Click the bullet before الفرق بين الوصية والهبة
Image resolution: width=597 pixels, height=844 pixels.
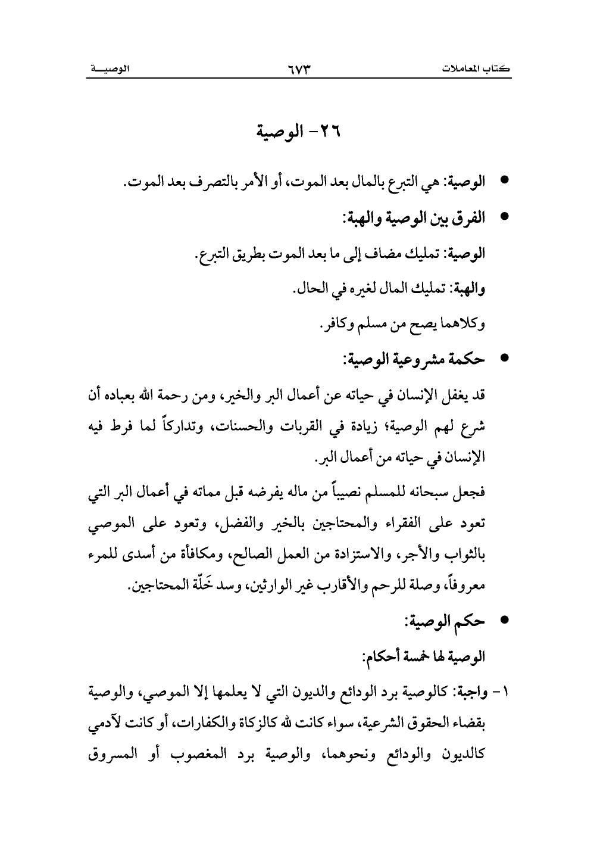coord(505,217)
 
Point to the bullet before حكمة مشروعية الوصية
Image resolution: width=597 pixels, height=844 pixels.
coord(505,360)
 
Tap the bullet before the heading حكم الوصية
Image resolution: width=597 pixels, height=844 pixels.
coord(505,622)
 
